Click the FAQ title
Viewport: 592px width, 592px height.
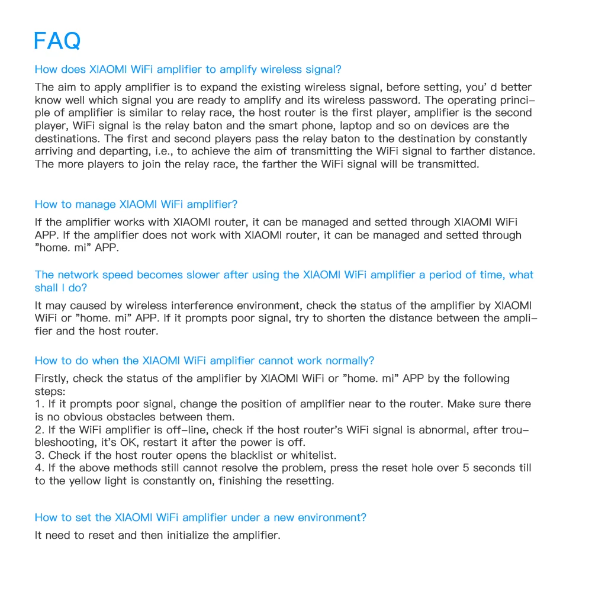click(x=57, y=41)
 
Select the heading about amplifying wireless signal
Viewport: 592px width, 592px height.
click(x=188, y=69)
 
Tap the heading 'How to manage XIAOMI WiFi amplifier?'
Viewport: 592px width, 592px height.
click(x=136, y=204)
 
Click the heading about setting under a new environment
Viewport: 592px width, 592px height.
click(x=200, y=517)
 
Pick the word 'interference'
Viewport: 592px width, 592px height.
click(x=202, y=305)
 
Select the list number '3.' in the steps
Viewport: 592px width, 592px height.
click(x=40, y=455)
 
